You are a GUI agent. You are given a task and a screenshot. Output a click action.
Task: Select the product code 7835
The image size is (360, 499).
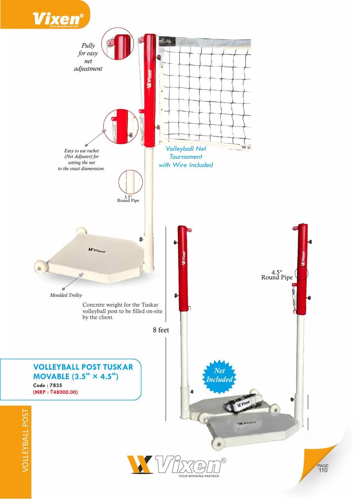click(56, 385)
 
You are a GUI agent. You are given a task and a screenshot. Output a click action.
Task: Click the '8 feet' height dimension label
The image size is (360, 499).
click(161, 330)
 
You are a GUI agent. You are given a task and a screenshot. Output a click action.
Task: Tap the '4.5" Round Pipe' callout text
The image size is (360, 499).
click(277, 275)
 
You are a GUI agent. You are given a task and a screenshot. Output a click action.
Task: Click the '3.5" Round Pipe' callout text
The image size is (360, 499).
click(128, 199)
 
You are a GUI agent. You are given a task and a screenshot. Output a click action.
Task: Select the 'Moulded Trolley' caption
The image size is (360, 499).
click(66, 295)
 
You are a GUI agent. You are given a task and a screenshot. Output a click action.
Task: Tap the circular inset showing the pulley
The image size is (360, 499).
click(118, 44)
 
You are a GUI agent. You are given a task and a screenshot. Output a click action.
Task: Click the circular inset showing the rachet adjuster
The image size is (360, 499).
click(121, 126)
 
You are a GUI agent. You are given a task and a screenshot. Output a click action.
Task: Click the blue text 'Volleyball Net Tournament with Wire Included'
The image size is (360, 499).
click(186, 157)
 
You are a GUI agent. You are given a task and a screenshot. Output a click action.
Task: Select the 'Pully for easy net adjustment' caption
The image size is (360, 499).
click(88, 57)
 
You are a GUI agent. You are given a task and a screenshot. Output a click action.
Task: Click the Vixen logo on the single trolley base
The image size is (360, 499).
click(97, 250)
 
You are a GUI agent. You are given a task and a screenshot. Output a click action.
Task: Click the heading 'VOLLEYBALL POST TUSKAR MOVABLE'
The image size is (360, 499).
click(83, 371)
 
